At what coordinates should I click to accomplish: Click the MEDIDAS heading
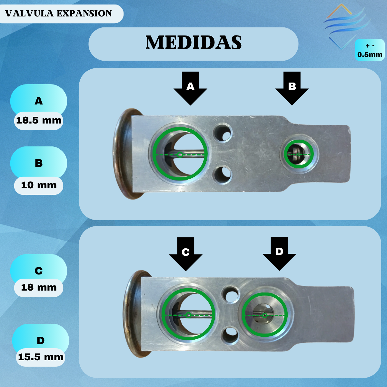[x=193, y=42]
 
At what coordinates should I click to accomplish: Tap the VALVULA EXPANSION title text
[x=58, y=14]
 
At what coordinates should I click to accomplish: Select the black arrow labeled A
[x=190, y=88]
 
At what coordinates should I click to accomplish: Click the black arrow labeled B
[x=292, y=88]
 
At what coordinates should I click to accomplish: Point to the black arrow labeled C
[x=185, y=254]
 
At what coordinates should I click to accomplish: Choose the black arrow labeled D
[x=279, y=254]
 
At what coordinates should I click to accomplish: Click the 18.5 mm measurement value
[x=39, y=121]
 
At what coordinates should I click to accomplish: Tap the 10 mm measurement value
[x=39, y=185]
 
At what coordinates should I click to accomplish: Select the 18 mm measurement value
[x=39, y=288]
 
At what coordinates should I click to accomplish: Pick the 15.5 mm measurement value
[x=41, y=357]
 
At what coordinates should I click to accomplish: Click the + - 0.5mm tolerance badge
[x=370, y=50]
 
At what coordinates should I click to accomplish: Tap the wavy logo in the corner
[x=347, y=26]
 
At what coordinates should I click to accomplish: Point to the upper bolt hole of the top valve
[x=223, y=133]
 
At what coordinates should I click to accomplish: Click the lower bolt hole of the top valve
[x=223, y=175]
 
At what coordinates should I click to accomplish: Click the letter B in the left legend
[x=39, y=163]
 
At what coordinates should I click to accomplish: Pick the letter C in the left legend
[x=39, y=271]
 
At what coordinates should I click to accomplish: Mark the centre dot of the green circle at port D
[x=265, y=315]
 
